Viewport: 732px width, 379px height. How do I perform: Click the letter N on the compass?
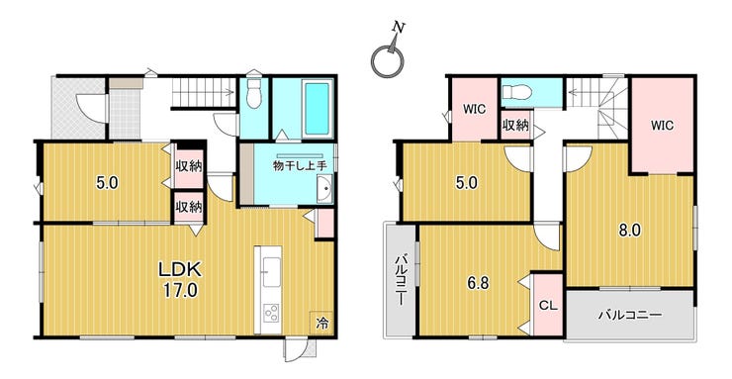point(399,28)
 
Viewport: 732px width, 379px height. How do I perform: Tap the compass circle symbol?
point(387,60)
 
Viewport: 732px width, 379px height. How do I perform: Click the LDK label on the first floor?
point(180,270)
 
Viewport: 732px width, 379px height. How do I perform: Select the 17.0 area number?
point(180,291)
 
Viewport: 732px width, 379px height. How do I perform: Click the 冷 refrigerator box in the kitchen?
point(321,323)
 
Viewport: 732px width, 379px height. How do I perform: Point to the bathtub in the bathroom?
point(318,109)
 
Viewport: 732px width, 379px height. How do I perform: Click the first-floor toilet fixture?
point(254,93)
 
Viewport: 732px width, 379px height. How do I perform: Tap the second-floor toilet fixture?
point(518,93)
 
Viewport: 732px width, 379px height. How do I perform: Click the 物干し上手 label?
point(299,165)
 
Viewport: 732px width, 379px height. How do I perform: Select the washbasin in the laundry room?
point(324,190)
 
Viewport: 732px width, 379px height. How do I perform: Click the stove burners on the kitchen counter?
point(271,313)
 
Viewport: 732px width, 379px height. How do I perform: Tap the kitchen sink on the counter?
point(271,272)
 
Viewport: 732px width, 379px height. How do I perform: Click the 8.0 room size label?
point(629,231)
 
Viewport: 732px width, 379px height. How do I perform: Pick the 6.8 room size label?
point(479,284)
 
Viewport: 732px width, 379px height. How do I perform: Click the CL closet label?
point(548,306)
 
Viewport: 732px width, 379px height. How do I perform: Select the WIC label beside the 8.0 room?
point(663,126)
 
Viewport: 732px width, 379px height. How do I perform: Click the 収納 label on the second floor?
point(515,125)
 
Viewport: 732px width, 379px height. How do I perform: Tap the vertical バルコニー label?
point(401,280)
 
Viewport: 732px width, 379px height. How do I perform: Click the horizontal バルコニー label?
point(630,315)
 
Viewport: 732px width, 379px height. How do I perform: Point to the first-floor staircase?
point(204,92)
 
